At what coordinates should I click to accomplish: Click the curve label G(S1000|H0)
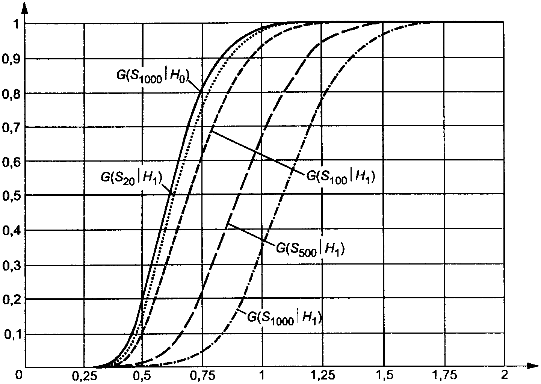click(x=153, y=77)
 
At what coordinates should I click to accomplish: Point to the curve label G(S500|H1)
click(x=310, y=249)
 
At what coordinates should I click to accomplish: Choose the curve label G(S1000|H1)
click(x=285, y=317)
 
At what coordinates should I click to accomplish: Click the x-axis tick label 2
click(x=505, y=375)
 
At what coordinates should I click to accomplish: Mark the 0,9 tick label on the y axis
click(x=11, y=59)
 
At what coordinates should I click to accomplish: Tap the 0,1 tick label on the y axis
click(x=12, y=335)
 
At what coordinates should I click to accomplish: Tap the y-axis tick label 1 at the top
click(x=16, y=24)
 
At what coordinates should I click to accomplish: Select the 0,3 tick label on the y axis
click(x=11, y=266)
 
